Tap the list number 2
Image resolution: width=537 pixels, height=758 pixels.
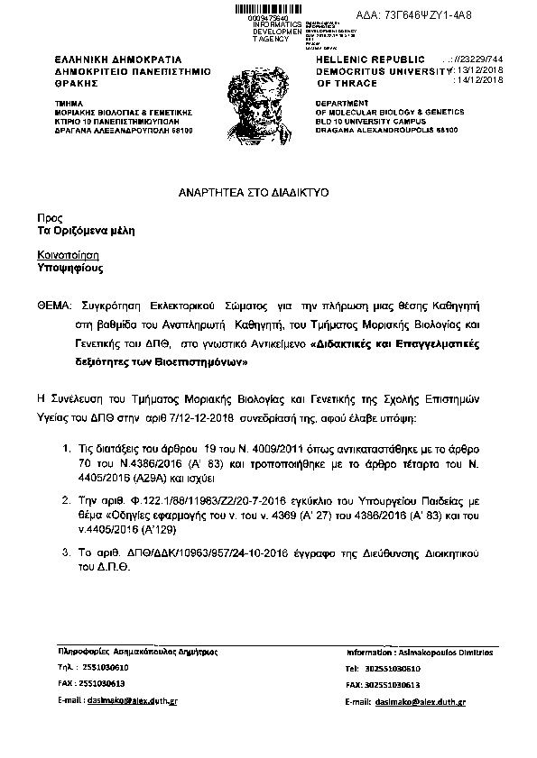pos(65,497)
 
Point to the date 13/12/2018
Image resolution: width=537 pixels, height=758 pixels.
pos(484,68)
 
